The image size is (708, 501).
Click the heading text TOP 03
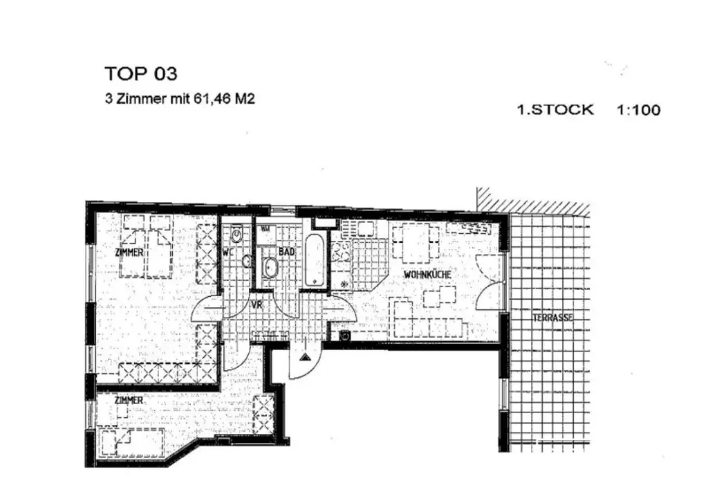[141, 73]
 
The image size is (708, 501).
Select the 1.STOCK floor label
[555, 109]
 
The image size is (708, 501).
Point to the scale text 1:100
[638, 109]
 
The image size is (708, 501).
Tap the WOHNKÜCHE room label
[428, 275]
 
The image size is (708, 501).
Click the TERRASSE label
[552, 318]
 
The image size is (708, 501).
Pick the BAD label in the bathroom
[286, 253]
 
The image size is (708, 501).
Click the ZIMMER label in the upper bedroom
[129, 253]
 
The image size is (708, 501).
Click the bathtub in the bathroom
[313, 259]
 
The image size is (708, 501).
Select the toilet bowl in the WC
[237, 237]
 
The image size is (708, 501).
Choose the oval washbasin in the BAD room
[270, 267]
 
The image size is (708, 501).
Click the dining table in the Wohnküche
[416, 243]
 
